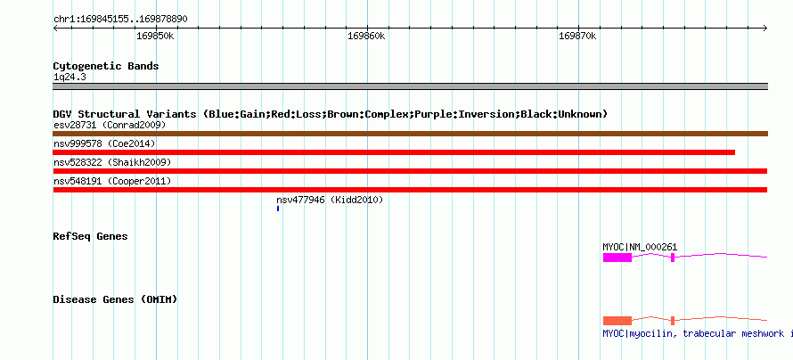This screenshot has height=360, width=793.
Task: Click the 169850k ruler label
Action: [155, 37]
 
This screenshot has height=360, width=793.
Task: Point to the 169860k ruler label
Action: [367, 37]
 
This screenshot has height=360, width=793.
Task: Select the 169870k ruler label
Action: [577, 37]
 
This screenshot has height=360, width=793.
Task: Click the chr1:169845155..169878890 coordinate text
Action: [120, 20]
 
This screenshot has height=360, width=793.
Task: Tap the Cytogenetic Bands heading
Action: [106, 66]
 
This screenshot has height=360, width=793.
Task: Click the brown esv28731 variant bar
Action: [410, 134]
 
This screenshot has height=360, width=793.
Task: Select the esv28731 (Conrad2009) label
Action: [110, 125]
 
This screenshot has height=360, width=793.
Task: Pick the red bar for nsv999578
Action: [394, 152]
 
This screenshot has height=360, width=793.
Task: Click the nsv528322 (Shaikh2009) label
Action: [112, 162]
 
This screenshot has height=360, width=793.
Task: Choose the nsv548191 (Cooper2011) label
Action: [112, 181]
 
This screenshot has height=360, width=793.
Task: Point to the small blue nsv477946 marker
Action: [278, 209]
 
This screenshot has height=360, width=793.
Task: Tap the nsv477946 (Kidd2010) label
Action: [330, 200]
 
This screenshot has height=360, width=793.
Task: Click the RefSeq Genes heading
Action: [91, 237]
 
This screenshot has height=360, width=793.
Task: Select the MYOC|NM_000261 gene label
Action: [640, 247]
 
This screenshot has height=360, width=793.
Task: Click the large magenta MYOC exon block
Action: [617, 258]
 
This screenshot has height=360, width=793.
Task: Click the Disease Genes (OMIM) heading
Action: [115, 299]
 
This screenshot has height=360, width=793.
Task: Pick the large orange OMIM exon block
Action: [617, 321]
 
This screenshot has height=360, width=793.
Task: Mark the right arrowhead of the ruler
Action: [765, 29]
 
